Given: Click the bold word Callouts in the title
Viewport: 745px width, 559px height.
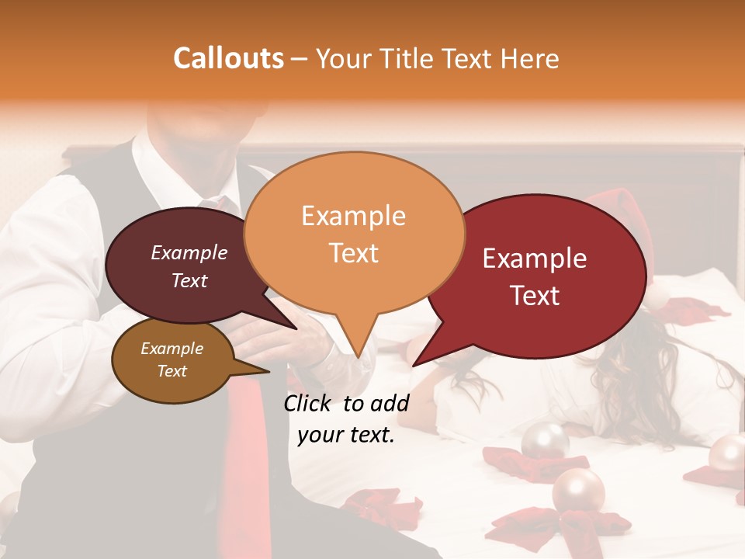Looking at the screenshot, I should pos(228,58).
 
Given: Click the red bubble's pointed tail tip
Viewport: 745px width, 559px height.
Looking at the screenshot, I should pos(414,365).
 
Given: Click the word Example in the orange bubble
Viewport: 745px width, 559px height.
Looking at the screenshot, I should pos(353,216).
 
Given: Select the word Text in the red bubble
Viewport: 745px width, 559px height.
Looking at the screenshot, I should pos(535,296).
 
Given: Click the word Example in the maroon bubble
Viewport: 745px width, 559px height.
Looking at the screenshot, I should pos(189,252).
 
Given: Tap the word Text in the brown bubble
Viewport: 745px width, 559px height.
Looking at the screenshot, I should pos(172,371).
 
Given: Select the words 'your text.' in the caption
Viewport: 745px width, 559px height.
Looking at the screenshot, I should pos(346,435).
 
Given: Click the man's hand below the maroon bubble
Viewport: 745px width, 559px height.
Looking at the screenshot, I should pos(279,342).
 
